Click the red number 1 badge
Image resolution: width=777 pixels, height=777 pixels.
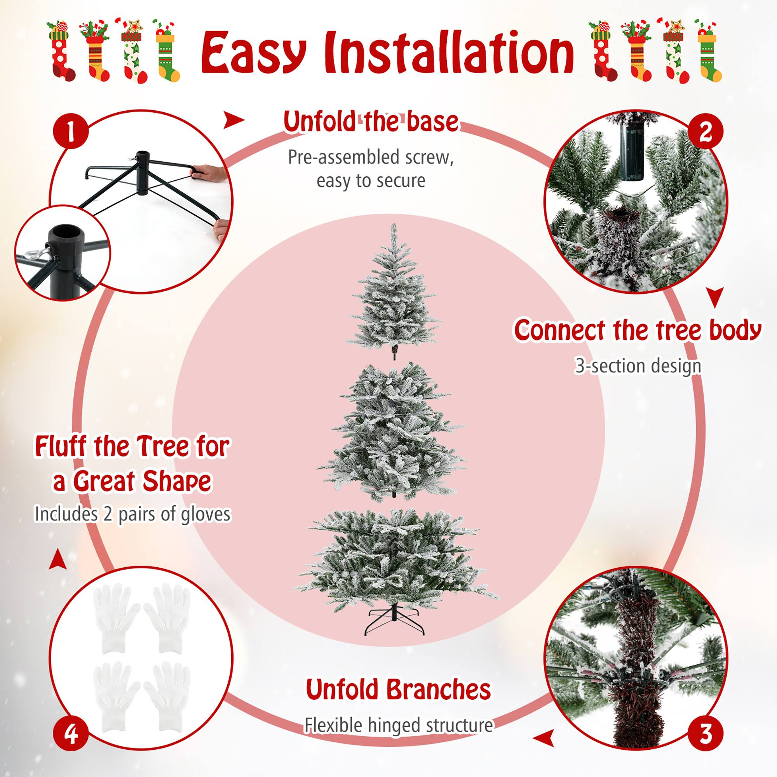tap(70, 132)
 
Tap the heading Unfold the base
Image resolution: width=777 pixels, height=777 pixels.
tap(370, 122)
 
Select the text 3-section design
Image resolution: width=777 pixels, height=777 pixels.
tap(638, 366)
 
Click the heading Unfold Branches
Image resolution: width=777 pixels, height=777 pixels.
tap(398, 689)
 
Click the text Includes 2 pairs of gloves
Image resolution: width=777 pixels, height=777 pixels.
tap(133, 514)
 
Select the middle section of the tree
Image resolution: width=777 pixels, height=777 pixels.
tap(392, 432)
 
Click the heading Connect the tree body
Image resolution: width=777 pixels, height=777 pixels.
tap(638, 331)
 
